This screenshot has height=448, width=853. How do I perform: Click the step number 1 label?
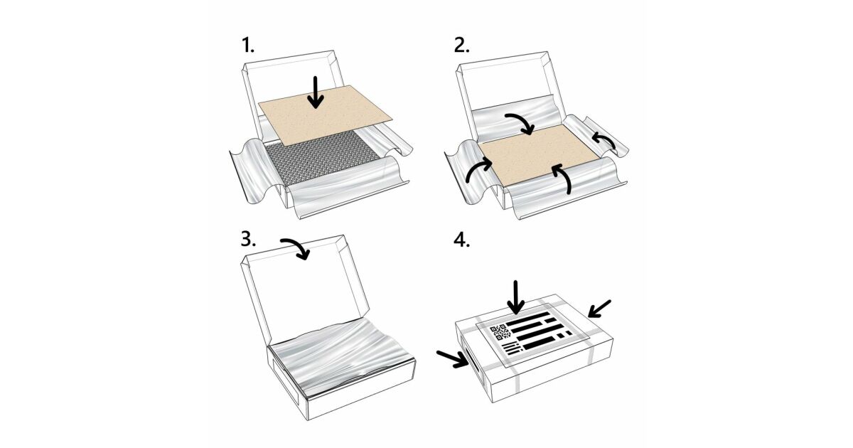coord(248,46)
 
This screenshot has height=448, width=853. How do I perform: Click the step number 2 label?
coord(462,46)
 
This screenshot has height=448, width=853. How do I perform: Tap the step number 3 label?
coord(248,239)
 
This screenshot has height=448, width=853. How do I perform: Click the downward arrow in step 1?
coord(316,92)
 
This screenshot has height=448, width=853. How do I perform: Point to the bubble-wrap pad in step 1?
coord(322,159)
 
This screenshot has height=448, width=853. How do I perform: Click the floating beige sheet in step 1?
coord(326,114)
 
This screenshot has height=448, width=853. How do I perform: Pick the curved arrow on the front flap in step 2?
coord(563,176)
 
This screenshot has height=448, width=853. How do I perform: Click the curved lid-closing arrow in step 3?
coord(296,247)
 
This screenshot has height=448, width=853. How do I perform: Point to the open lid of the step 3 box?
coord(305,289)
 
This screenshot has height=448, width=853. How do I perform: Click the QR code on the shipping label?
coord(500,333)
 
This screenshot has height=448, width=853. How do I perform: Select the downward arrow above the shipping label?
coord(515,298)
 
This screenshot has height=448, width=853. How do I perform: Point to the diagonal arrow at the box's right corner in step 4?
coord(599,309)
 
